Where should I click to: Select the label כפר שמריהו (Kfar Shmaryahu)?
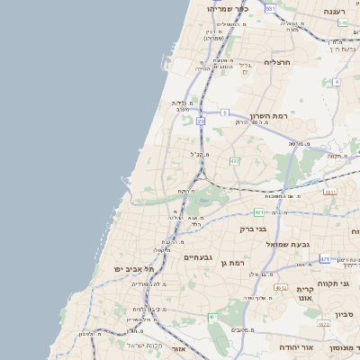226,8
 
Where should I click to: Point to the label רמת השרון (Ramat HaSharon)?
267,117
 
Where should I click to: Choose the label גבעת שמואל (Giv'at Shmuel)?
287,244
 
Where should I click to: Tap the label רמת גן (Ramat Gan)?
232,263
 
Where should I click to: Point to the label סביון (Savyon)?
346,314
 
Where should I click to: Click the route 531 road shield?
270,8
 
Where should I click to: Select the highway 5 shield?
223,112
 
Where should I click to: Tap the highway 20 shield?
201,120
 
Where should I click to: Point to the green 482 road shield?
234,161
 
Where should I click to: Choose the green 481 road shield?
258,212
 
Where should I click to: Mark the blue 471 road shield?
324,258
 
